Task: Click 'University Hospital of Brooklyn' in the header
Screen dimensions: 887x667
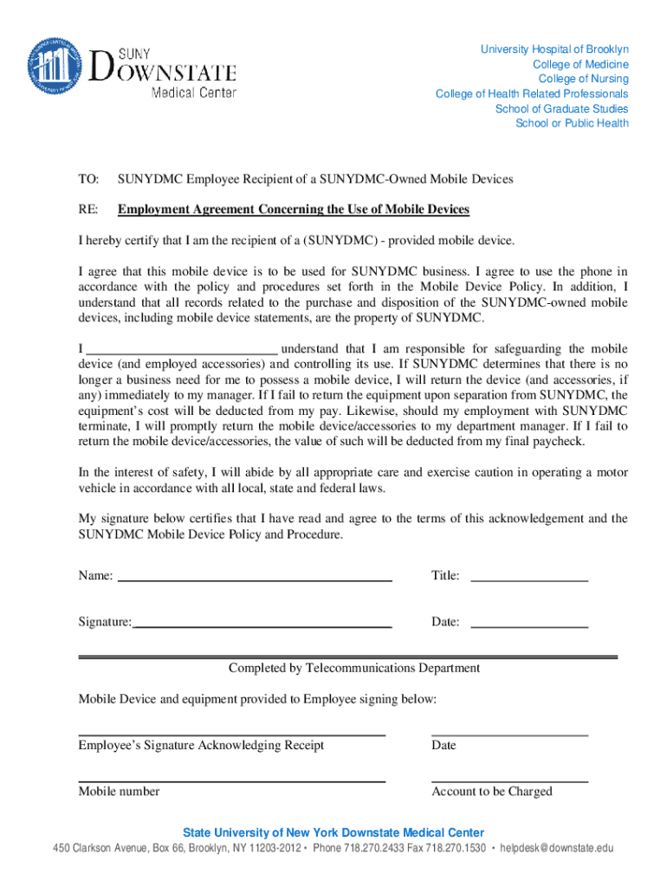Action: [x=554, y=49]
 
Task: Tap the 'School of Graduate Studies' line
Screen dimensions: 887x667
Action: [x=561, y=108]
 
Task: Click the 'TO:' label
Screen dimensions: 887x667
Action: [x=88, y=179]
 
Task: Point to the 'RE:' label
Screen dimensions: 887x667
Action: [x=88, y=210]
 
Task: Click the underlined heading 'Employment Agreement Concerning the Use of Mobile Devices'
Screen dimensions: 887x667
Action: [x=294, y=210]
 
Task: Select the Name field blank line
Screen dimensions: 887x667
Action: [x=254, y=577]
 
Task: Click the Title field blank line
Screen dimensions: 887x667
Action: [x=528, y=577]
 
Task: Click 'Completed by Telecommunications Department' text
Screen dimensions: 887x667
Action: [x=353, y=668]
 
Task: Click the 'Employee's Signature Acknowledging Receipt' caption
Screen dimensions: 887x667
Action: [x=201, y=745]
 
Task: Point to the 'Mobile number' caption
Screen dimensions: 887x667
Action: [x=119, y=791]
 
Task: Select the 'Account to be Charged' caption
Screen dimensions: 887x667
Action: [x=491, y=791]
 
